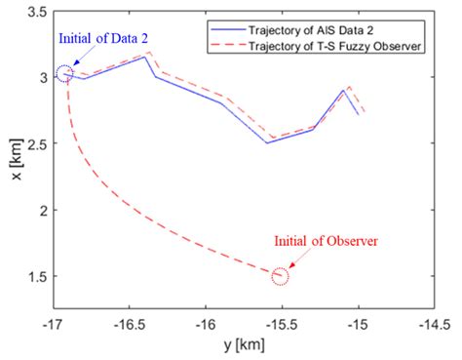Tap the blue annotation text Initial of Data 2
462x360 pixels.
77,40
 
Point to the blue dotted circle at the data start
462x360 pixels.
64,74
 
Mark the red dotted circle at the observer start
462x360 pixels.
281,277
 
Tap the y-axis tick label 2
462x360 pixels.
38,211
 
